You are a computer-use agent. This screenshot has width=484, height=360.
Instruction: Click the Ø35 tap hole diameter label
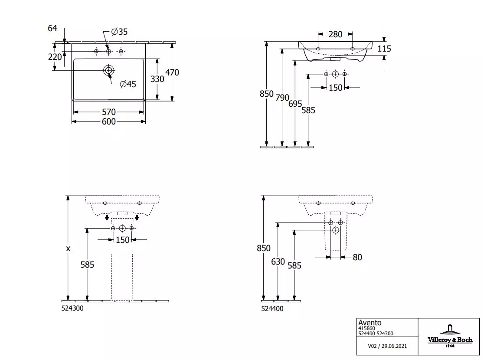coord(119,32)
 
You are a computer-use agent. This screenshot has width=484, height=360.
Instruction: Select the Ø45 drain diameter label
coord(128,84)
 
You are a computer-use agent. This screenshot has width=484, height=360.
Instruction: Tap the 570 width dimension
coord(109,112)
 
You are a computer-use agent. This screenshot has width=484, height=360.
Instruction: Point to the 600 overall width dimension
coord(109,121)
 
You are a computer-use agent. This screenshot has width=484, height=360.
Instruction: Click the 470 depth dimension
coord(172,72)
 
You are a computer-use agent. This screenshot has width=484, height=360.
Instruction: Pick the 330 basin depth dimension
coord(157,79)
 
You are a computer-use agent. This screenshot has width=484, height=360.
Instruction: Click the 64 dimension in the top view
coord(52,28)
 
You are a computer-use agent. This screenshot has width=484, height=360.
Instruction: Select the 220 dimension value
coord(55,57)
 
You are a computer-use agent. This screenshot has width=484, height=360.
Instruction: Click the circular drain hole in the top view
coord(109,70)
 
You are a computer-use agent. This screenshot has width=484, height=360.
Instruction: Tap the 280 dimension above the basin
coord(335,34)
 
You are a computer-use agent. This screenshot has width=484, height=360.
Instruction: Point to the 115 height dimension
coord(384,49)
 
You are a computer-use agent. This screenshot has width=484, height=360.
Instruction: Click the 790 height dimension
coord(282,98)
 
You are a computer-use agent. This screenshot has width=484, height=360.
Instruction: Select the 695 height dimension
coord(295,104)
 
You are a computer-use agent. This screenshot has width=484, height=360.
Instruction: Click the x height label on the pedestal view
coord(68,249)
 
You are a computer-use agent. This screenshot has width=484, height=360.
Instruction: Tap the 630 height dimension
coord(278,262)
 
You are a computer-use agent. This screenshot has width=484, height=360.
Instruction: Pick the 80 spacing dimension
coord(357,257)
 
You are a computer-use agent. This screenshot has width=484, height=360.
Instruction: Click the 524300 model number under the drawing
coord(72,308)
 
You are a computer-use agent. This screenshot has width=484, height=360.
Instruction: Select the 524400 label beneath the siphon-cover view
coord(272,308)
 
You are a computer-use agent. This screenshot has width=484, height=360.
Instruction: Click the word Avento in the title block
coord(370,323)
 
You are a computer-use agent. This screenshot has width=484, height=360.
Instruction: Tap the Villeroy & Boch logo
coord(450,336)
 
